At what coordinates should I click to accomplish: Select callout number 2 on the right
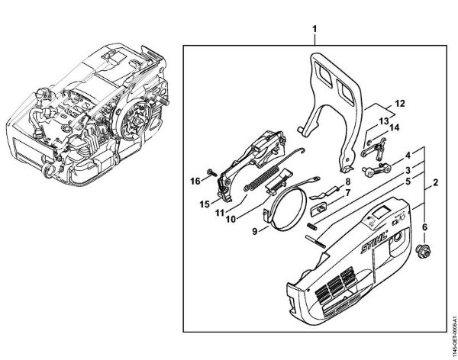pos(435,183)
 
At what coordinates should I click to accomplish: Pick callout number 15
pos(205,204)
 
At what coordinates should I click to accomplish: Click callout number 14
pos(395,129)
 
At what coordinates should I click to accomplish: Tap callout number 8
pos(347,181)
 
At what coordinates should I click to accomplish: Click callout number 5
pos(409,182)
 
